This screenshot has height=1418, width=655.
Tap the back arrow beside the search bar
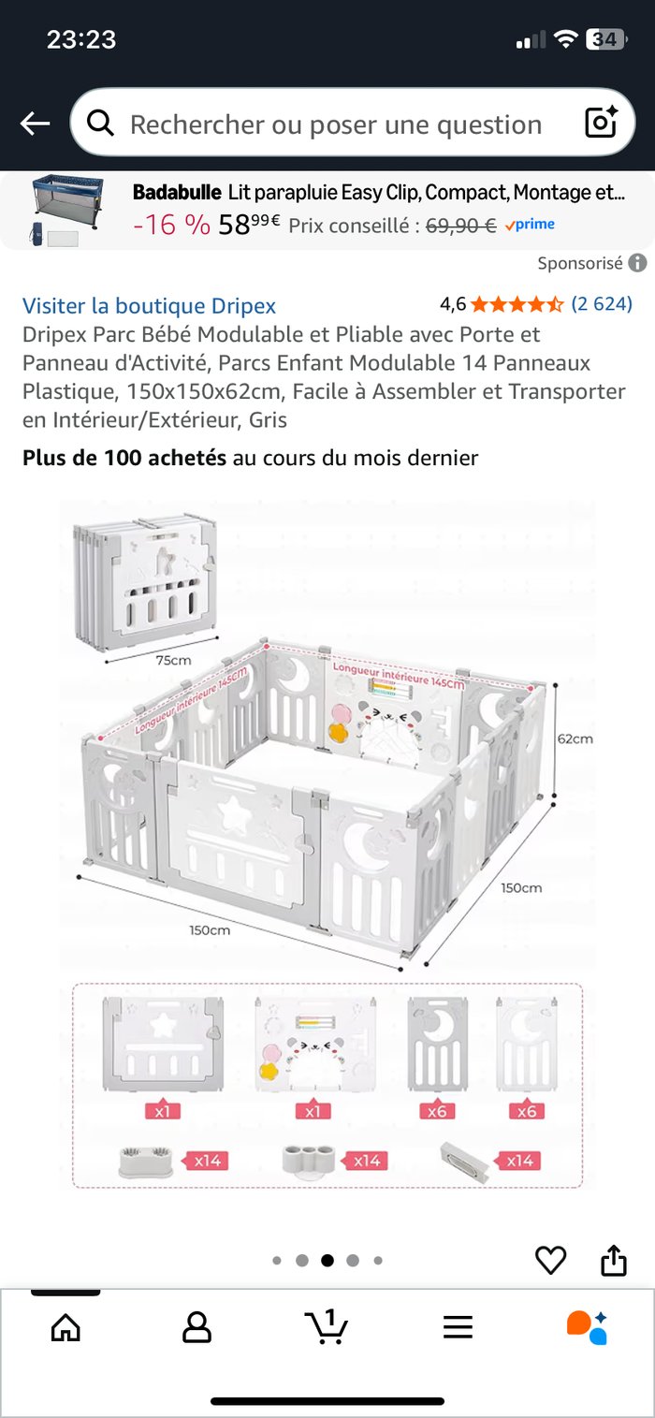click(35, 124)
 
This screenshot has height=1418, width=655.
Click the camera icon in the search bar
click(601, 122)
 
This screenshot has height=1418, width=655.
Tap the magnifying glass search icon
click(100, 123)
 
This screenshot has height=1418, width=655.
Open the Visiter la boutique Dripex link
click(150, 306)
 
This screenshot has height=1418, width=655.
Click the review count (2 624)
click(602, 304)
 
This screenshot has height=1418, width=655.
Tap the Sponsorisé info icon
click(637, 263)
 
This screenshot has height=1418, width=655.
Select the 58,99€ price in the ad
click(249, 224)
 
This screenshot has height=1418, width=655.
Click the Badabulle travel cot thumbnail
click(65, 211)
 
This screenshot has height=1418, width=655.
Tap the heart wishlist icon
click(550, 1259)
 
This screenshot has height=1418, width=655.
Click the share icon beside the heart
click(613, 1259)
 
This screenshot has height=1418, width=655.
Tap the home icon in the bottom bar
click(65, 1326)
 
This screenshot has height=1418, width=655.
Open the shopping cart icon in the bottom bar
click(327, 1325)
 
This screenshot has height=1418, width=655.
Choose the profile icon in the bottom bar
click(196, 1326)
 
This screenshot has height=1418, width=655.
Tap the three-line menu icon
click(458, 1326)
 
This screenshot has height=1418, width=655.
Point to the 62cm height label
click(575, 738)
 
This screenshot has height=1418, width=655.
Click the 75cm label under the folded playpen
click(173, 660)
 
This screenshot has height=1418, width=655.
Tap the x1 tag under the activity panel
click(313, 1110)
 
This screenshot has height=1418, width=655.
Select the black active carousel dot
click(327, 1260)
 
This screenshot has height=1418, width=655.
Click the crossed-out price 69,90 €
click(460, 226)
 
